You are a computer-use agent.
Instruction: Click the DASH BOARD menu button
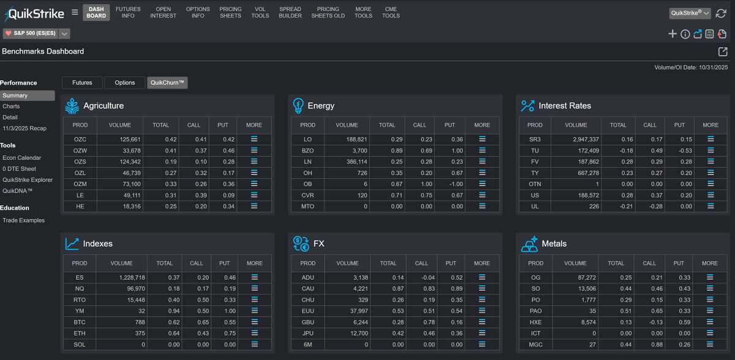coord(96,12)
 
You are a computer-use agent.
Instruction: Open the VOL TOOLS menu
coord(260,12)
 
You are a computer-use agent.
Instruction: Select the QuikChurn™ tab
coord(167,83)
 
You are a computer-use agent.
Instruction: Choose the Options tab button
coord(124,83)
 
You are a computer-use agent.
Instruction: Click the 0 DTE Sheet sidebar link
coord(19,169)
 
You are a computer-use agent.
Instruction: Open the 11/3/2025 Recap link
coord(24,129)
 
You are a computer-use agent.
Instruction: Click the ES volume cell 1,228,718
coord(128,277)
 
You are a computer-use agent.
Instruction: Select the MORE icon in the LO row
coord(482,140)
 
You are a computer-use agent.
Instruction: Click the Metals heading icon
coord(529,244)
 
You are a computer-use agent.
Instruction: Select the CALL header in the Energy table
coord(420,125)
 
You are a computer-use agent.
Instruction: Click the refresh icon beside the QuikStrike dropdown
coord(720,13)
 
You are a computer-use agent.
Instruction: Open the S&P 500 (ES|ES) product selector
coord(36,34)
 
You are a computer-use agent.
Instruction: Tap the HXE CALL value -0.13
coord(647,322)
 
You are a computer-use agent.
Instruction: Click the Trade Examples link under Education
coord(23,220)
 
